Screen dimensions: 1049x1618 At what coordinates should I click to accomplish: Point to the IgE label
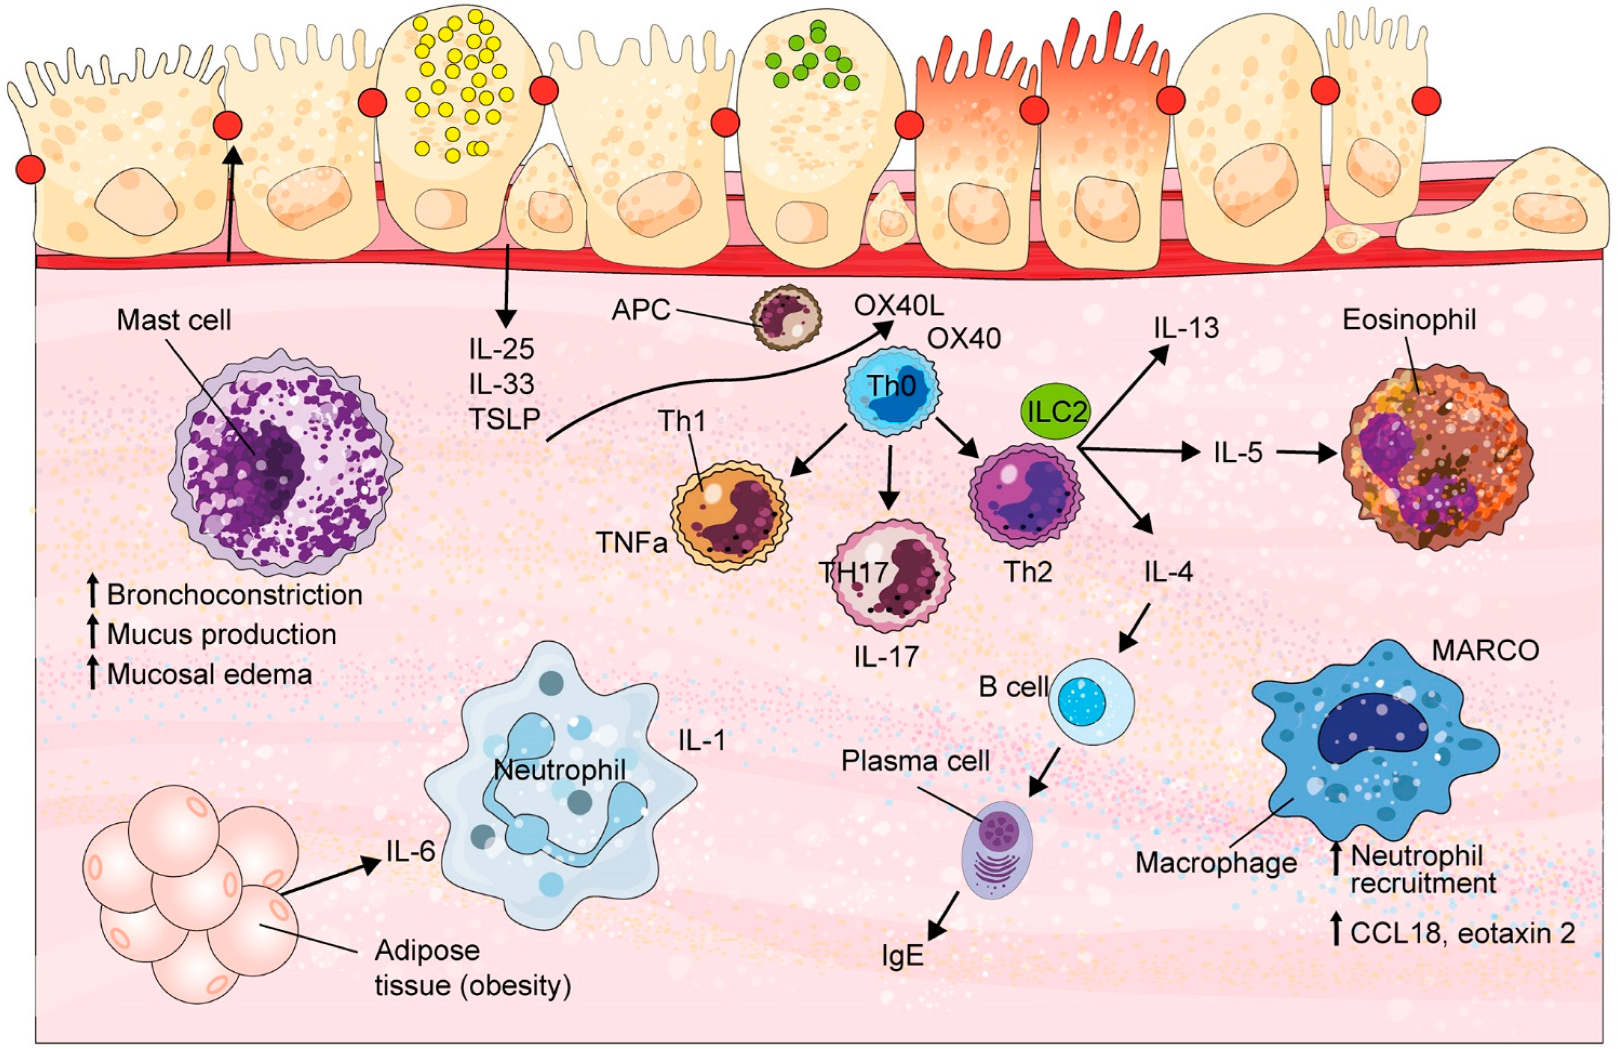click(x=903, y=956)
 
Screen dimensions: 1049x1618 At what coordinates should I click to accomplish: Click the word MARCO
click(x=1485, y=651)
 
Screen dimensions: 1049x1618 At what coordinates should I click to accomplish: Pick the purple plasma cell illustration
click(x=996, y=849)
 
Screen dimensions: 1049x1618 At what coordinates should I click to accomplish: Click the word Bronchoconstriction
click(x=235, y=595)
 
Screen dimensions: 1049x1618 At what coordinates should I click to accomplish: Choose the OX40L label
click(x=899, y=307)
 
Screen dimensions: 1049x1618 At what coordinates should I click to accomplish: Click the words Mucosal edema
click(x=209, y=675)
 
